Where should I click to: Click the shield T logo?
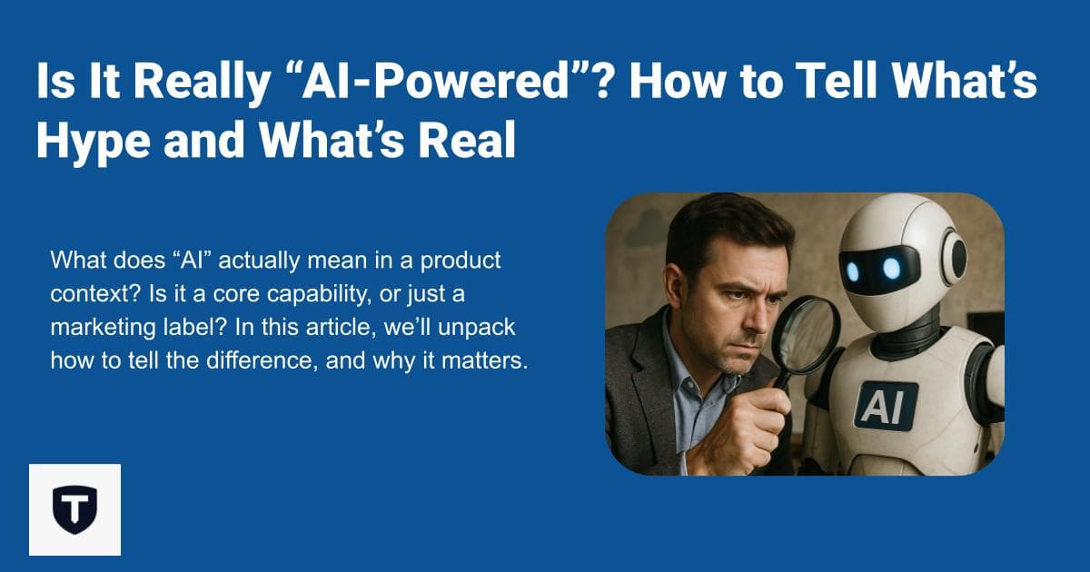[74, 509]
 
